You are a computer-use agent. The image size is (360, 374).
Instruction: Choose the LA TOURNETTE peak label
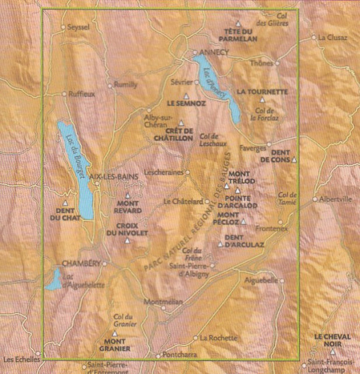(x=262, y=91)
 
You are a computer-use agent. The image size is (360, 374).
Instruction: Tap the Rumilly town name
(x=125, y=85)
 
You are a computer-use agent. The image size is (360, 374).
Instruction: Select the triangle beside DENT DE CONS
(x=294, y=160)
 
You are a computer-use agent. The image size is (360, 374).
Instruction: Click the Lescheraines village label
(x=166, y=172)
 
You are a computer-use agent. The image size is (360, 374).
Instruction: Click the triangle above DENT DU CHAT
(x=65, y=202)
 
